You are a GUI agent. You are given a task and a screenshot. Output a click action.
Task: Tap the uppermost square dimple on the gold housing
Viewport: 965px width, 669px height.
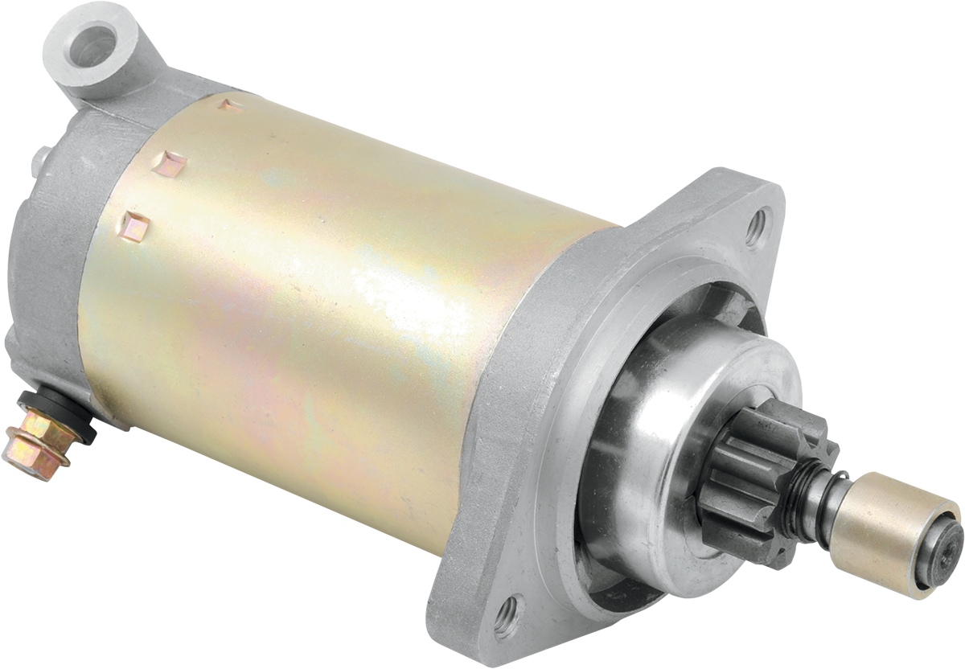230,105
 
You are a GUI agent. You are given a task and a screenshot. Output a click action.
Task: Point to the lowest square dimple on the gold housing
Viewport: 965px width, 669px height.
134,226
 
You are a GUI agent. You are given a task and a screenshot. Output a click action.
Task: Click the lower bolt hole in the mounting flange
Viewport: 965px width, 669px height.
507,618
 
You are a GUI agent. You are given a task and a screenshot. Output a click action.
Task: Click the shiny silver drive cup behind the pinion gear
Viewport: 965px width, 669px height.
643,450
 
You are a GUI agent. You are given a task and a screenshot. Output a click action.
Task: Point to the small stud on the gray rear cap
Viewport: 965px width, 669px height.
37,161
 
